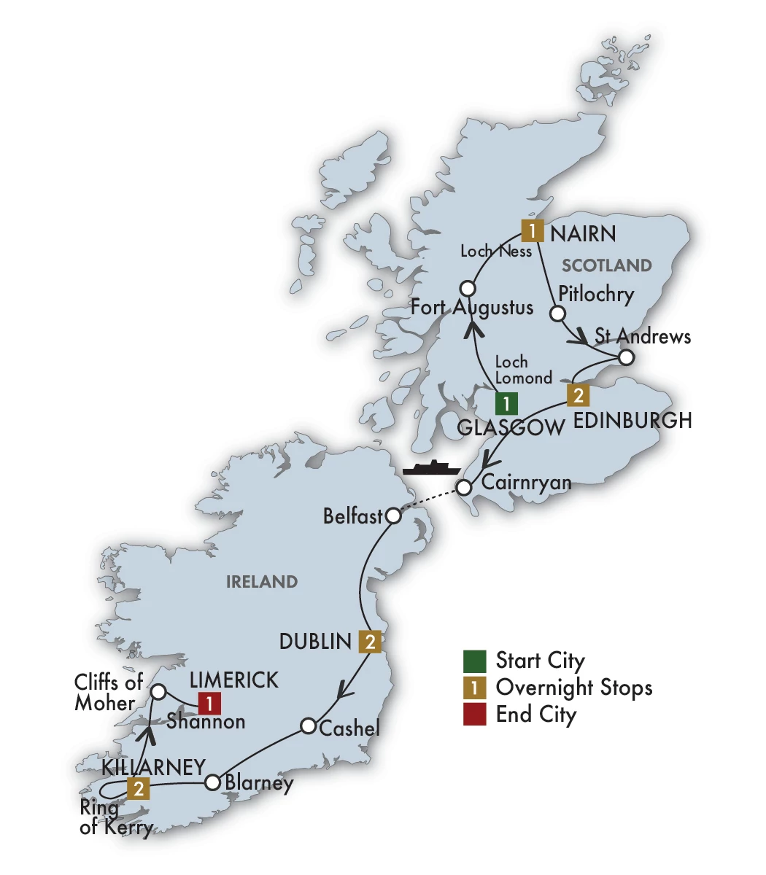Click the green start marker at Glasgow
click(506, 403)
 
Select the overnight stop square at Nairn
click(533, 231)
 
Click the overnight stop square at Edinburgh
click(578, 395)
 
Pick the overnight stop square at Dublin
click(370, 641)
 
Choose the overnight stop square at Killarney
click(138, 788)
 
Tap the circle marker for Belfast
click(392, 516)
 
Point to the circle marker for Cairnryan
click(463, 487)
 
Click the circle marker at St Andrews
click(626, 358)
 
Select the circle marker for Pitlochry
click(557, 314)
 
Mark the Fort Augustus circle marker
click(468, 289)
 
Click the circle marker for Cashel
click(308, 726)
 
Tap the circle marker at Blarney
click(212, 782)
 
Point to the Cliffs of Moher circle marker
click(157, 691)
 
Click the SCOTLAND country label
click(607, 265)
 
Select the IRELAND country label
click(262, 582)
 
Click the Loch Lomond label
click(523, 370)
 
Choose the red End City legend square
click(474, 715)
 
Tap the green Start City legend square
click(474, 661)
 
